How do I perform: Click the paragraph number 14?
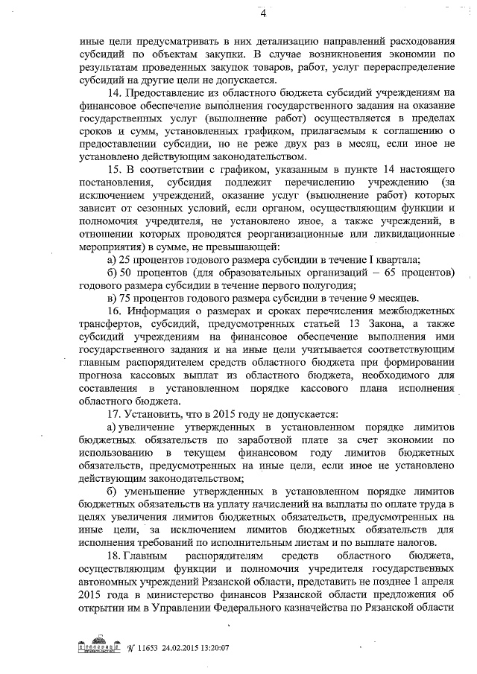114,93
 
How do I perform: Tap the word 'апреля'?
432,579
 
